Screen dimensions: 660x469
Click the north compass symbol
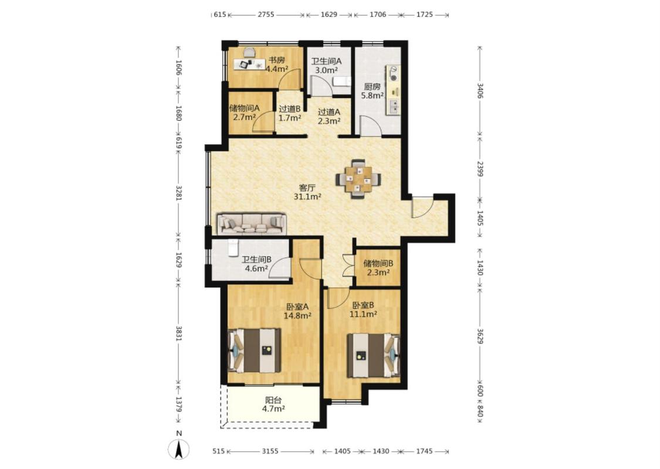(x=178, y=448)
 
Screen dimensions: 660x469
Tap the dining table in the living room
(x=358, y=179)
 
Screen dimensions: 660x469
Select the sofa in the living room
(x=252, y=223)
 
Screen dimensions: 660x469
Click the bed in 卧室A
(x=254, y=351)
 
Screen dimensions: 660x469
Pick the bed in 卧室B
(x=373, y=355)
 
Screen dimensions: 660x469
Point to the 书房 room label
(x=277, y=60)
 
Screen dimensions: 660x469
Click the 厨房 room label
(x=373, y=87)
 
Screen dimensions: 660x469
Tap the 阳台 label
(x=273, y=400)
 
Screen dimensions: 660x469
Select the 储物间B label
(x=378, y=264)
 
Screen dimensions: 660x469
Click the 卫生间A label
(x=327, y=61)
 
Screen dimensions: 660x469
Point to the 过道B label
(x=290, y=109)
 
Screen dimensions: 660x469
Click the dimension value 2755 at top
(x=266, y=14)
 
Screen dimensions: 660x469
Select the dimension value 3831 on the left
(x=178, y=334)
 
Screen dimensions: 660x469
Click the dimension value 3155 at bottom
(x=270, y=451)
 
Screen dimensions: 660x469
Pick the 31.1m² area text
(x=307, y=196)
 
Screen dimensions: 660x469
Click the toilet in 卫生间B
(x=233, y=247)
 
